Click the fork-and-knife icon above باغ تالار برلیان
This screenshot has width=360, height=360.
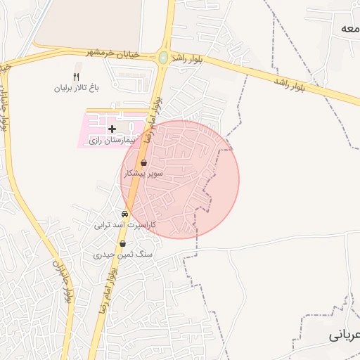tap(77, 77)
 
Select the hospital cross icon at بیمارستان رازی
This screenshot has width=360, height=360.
tap(112, 129)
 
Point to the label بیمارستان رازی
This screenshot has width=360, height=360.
tap(112, 141)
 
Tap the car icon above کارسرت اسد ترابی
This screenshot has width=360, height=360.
tap(124, 213)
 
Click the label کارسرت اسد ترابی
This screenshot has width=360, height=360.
tap(124, 225)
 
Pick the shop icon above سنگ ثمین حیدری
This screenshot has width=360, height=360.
tap(123, 243)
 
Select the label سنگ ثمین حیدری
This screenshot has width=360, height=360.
tap(123, 255)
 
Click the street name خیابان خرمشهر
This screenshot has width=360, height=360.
tap(113, 53)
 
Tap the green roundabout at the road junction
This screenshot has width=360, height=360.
tap(163, 58)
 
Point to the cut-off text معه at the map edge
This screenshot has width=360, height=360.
tap(348, 27)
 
